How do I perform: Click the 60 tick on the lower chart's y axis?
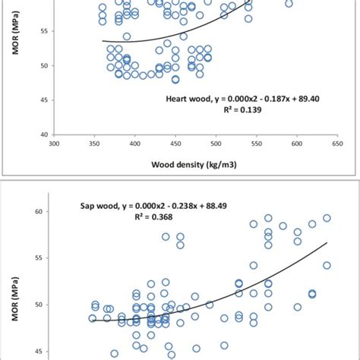click(x=38, y=212)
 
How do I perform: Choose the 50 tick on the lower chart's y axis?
click(x=38, y=305)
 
